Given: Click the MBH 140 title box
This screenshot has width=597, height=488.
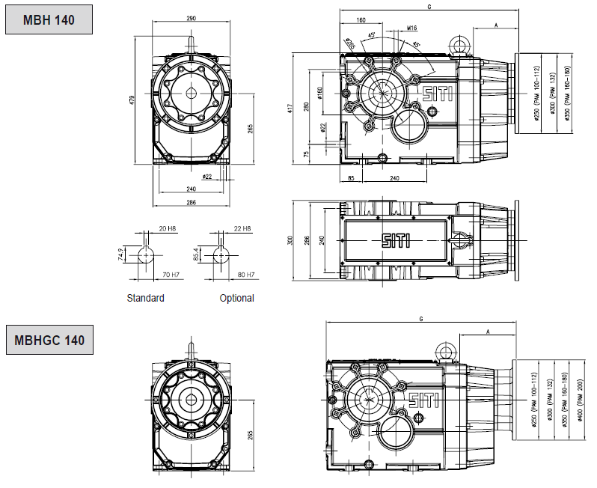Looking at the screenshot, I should click(x=49, y=20).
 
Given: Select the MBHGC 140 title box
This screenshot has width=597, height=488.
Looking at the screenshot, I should click(x=49, y=341).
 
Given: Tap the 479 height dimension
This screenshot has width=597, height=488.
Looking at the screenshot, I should click(x=131, y=99).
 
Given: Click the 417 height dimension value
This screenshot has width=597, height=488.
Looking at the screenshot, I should click(x=292, y=107).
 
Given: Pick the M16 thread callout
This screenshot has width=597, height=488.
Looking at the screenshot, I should click(x=412, y=28).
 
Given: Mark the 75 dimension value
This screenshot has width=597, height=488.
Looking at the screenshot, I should click(x=306, y=153).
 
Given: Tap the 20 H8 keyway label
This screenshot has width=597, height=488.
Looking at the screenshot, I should click(x=167, y=228).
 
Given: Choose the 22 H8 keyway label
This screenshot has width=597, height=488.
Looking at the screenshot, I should click(x=242, y=228).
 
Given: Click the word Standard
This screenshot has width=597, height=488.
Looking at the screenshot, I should click(x=145, y=298).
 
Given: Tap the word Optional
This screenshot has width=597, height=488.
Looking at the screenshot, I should click(x=236, y=298).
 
